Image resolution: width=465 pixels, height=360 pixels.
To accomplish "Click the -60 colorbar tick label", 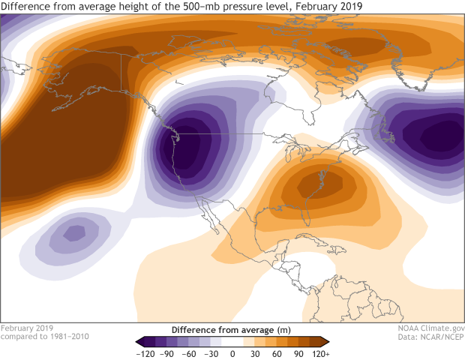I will click(190, 352).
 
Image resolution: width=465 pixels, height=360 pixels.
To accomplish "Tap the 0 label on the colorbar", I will click(232, 352).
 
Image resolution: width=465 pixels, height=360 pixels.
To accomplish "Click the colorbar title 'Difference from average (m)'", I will click(232, 329).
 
